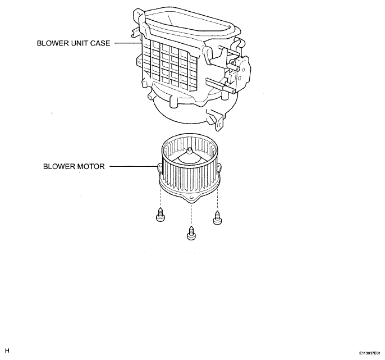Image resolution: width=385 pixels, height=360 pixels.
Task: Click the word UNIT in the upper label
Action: [80, 43]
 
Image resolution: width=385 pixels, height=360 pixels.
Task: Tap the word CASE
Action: [100, 43]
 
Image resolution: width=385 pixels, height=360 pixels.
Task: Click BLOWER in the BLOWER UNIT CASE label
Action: [53, 43]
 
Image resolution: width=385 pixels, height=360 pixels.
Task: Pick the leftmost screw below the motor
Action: [161, 215]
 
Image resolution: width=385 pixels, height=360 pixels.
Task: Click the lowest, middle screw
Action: [191, 233]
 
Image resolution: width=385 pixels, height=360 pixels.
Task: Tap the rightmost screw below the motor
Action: [218, 218]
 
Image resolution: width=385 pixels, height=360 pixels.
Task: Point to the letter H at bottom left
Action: [7, 350]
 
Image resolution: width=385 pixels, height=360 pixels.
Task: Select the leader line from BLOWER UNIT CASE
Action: [128, 43]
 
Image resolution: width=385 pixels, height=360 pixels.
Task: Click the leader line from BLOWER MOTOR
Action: [134, 166]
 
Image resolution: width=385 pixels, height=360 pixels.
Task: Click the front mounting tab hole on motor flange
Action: [191, 199]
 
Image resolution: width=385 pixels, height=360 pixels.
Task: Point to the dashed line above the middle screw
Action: [191, 215]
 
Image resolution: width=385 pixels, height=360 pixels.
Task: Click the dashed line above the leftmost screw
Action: [161, 197]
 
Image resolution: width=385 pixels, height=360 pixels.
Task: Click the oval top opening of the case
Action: [189, 25]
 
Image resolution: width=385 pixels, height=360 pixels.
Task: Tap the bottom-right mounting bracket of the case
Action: [216, 120]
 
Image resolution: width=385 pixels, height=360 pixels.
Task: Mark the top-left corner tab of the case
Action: [137, 13]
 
